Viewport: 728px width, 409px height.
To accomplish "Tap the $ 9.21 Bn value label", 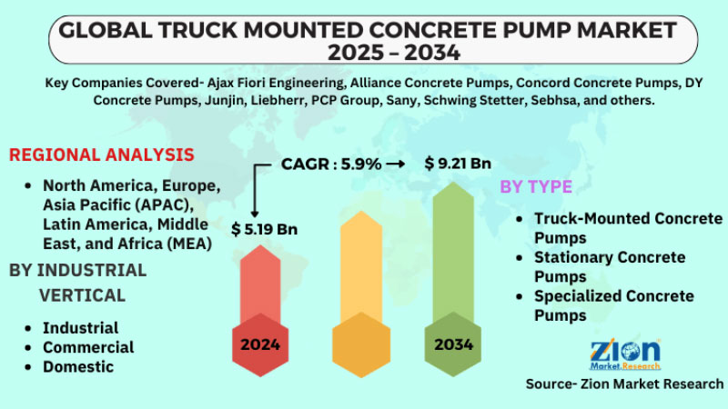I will click(458, 164).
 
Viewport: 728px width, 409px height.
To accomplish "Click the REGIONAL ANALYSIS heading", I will click(101, 155).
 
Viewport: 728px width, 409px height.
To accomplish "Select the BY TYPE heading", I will click(536, 187).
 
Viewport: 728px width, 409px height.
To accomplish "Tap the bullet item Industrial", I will click(81, 327).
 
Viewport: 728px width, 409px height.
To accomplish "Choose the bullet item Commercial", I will click(88, 347).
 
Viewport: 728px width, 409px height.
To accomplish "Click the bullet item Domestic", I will click(78, 367).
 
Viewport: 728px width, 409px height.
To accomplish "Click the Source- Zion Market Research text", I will click(624, 384).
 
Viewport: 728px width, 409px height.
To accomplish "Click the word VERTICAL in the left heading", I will click(82, 295).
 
